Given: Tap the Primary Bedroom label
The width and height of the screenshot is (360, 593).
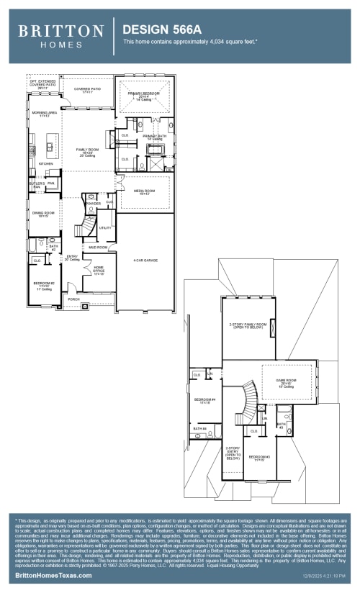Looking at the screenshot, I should coord(144,95).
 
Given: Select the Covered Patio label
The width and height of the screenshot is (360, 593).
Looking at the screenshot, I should coord(88,90).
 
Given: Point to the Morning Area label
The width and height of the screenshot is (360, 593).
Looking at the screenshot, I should coord(43,114).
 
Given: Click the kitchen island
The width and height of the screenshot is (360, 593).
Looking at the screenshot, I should coord(50,149).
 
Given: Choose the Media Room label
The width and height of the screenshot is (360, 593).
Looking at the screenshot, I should coord(144,191).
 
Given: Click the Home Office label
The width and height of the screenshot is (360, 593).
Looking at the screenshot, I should coord(98,271).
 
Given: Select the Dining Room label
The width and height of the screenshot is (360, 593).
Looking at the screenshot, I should coord(44,214).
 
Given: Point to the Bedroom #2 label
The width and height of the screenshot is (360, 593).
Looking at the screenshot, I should coord(44,285).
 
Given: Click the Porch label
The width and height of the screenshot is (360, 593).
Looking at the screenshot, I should coord(73,298).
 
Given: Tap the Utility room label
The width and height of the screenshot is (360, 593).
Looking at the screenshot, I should coord(105,228).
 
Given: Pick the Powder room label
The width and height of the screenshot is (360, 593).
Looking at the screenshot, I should coord(94,204).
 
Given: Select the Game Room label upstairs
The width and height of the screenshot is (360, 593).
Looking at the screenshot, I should coord(287,382).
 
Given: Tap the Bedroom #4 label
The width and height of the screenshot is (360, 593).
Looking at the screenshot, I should coord(204,401).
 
